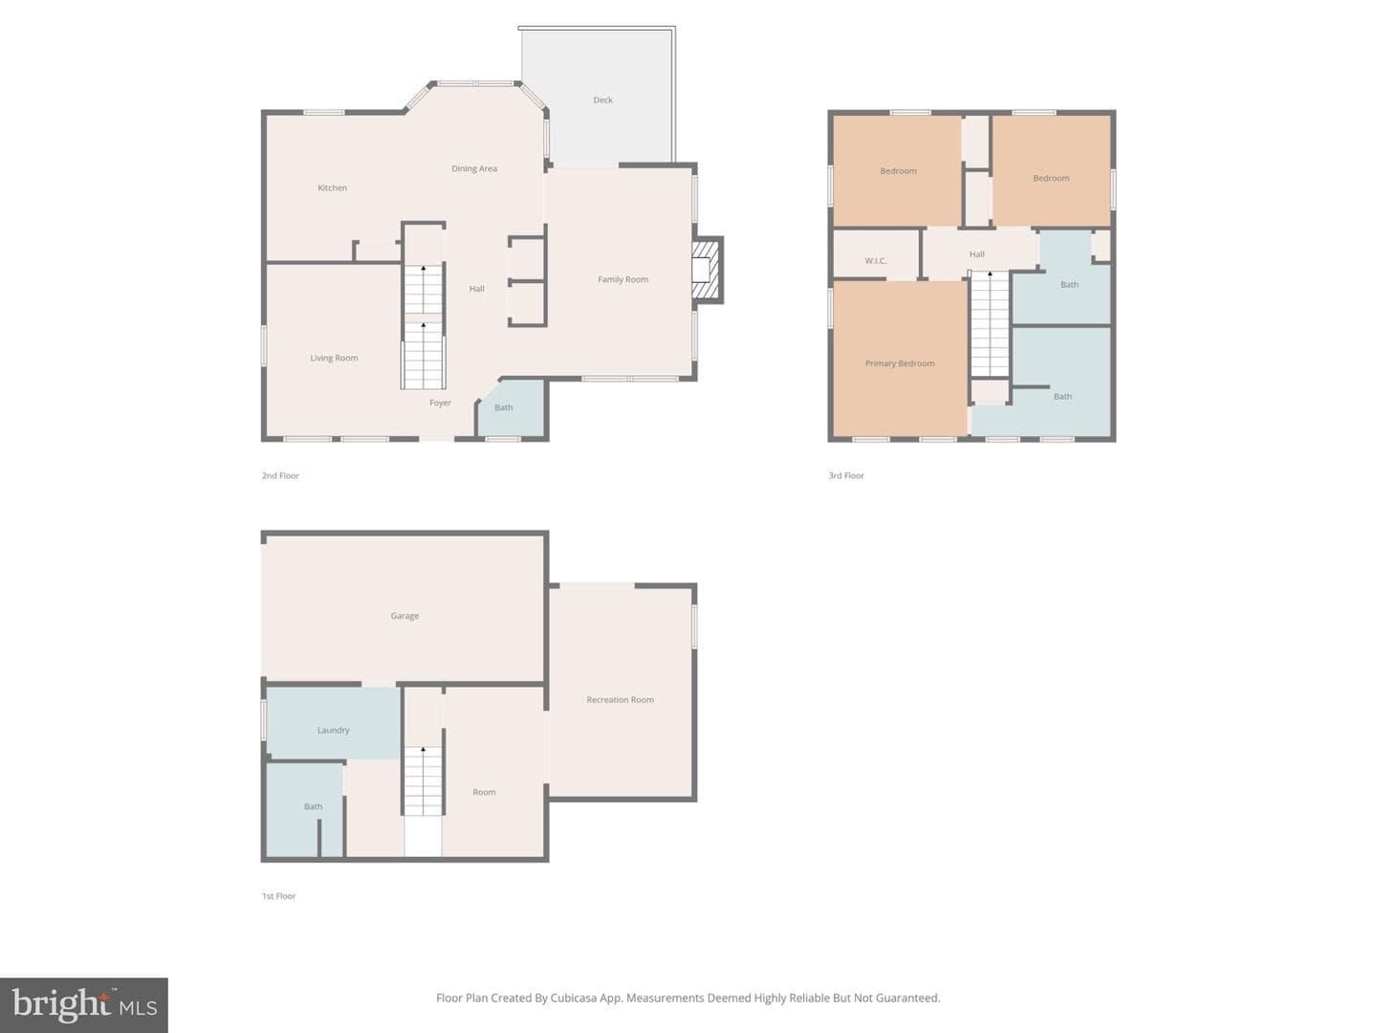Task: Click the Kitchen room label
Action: pos(332,187)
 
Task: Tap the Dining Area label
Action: pos(473,168)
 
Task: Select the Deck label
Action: pos(602,99)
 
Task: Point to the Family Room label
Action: pos(623,279)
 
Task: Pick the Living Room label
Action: pos(334,358)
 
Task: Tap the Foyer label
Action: pos(440,403)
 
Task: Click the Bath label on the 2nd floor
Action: pos(503,407)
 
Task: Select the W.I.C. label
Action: pos(875,260)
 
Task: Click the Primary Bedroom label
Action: pos(899,363)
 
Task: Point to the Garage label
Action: pos(404,616)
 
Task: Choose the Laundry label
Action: pos(333,730)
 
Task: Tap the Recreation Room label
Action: pos(620,699)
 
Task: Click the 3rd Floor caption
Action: pos(845,475)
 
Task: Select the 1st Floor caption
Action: pos(278,895)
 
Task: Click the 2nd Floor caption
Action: pos(280,475)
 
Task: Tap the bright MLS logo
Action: pos(83,1004)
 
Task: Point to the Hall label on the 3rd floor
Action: pos(976,254)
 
